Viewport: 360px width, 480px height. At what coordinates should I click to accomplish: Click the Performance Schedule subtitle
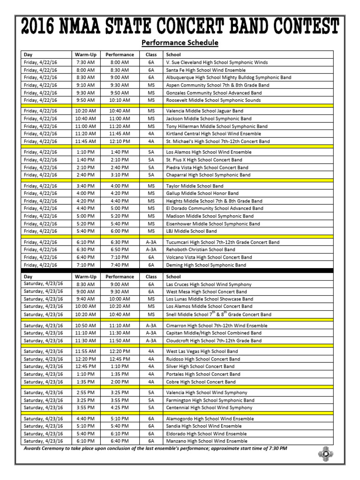point(180,43)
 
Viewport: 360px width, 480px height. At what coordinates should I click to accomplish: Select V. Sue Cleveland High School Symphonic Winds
point(217,62)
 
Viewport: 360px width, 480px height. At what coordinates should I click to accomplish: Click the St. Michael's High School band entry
point(218,141)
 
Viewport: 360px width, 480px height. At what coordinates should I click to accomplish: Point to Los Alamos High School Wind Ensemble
point(209,152)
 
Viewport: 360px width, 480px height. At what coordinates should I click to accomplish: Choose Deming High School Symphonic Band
point(206,265)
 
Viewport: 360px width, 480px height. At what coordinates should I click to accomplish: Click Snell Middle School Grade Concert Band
point(218,315)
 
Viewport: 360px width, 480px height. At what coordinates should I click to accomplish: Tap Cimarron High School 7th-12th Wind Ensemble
point(217,326)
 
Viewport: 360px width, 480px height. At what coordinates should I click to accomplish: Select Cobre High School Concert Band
point(201,382)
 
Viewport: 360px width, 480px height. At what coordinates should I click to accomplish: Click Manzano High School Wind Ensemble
point(207,441)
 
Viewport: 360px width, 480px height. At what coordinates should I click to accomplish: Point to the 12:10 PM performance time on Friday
point(120,141)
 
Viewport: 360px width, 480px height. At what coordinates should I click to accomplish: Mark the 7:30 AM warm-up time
point(85,62)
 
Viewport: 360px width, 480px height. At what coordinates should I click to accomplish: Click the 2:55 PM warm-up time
point(85,393)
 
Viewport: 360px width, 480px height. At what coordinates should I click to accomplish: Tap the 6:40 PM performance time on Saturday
point(120,441)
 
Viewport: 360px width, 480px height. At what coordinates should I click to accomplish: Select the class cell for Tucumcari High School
point(151,242)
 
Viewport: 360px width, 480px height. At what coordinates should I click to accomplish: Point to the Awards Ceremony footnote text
point(155,449)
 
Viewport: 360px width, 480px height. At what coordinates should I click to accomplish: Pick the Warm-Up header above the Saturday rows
point(85,277)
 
